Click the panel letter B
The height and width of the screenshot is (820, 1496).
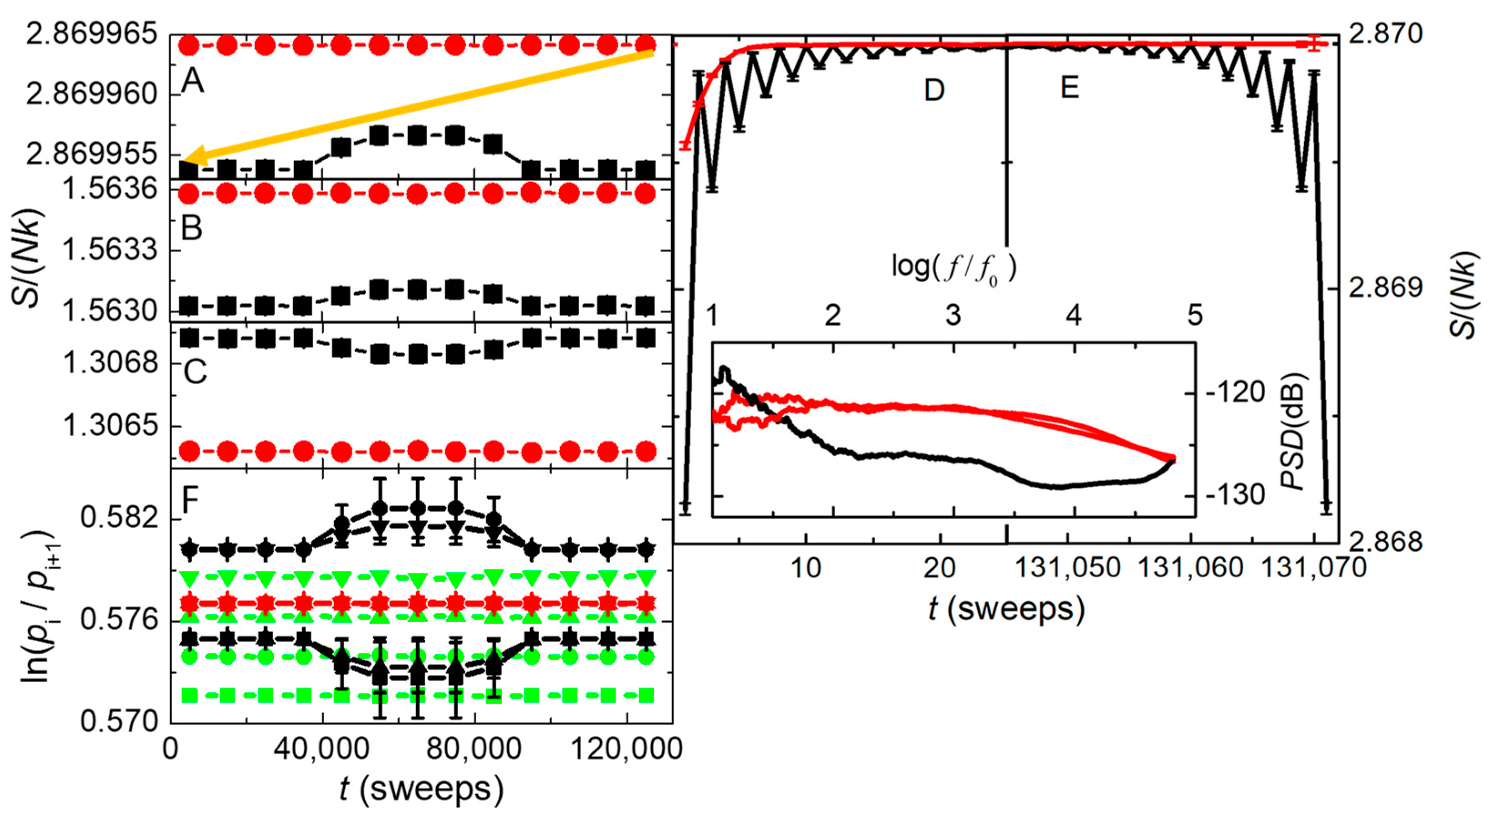pyautogui.click(x=192, y=228)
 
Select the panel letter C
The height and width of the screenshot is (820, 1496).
pyautogui.click(x=194, y=372)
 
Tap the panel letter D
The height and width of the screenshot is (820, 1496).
pyautogui.click(x=934, y=91)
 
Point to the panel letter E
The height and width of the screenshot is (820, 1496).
pyautogui.click(x=1069, y=88)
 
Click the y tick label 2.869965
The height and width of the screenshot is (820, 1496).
pyautogui.click(x=91, y=35)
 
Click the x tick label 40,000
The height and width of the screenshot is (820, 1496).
pyautogui.click(x=321, y=749)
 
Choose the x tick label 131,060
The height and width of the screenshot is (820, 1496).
pyautogui.click(x=1190, y=568)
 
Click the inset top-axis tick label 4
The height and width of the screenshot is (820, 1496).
pyautogui.click(x=1073, y=316)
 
